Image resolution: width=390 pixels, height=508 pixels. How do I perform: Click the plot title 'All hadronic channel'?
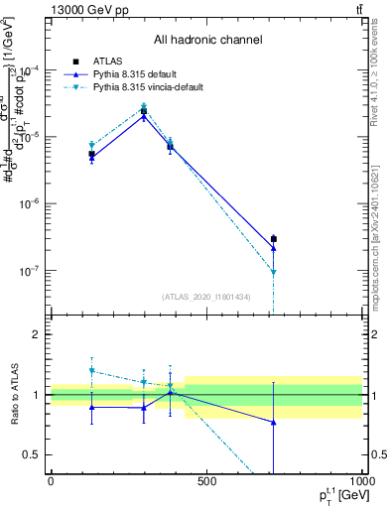[207, 40]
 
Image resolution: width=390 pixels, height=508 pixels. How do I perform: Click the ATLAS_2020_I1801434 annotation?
[206, 297]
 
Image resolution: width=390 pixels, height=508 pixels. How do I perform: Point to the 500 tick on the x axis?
[206, 481]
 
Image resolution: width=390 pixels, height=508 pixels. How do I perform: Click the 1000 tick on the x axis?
[361, 481]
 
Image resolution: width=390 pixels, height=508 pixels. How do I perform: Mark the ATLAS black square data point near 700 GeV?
[273, 239]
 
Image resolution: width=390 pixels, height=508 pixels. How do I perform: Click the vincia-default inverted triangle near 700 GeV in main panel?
[273, 272]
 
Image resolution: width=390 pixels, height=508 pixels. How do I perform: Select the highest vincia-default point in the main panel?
[144, 106]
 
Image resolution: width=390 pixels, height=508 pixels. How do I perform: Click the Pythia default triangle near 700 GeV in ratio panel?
[273, 423]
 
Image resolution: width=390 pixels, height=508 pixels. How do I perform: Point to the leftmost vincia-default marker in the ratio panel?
[92, 371]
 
